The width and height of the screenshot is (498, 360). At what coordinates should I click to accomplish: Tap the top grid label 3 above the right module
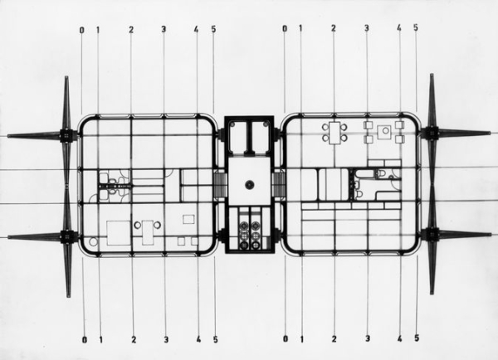point(366,29)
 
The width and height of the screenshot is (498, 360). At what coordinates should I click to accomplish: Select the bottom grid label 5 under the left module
point(214,338)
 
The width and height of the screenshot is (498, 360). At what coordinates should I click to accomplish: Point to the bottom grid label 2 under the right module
point(334,338)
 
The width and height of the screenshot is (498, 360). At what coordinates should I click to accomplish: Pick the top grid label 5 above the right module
point(416,29)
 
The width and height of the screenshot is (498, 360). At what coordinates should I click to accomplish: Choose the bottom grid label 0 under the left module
point(82,338)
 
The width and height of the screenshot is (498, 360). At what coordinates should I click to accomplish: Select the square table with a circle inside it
point(383,132)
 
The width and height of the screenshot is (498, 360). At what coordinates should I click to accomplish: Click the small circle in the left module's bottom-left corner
point(92,241)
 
